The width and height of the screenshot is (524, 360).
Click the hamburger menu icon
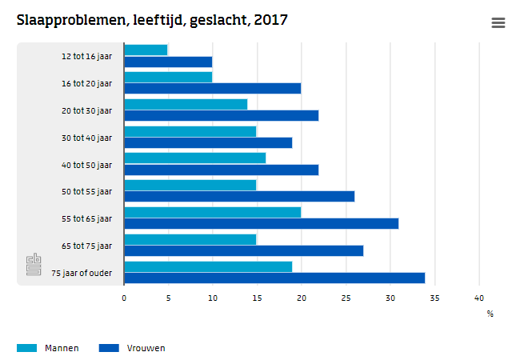point(498,23)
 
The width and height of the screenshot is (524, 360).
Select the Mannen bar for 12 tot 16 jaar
point(146,50)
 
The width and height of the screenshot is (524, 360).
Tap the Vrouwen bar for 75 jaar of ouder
point(274,278)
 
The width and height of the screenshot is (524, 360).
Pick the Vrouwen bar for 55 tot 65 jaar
point(261,223)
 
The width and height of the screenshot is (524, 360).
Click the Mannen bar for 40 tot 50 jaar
point(194,158)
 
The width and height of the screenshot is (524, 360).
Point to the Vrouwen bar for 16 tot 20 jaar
point(212,88)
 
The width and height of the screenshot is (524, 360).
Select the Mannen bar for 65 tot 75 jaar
point(190,239)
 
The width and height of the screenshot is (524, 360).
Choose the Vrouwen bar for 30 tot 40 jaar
point(208,142)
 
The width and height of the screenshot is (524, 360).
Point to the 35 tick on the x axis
point(434,298)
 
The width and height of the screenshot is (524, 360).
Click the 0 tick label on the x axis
point(124,298)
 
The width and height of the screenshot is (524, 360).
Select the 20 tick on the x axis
point(302,298)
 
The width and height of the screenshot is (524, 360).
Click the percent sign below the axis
point(490,314)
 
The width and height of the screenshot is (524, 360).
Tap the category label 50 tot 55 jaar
point(87,191)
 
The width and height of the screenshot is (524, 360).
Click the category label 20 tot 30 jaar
point(87,110)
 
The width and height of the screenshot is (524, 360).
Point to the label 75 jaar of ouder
point(82,273)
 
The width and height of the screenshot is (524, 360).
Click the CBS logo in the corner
point(34,265)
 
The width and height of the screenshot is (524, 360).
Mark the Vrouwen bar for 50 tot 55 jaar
point(239,196)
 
